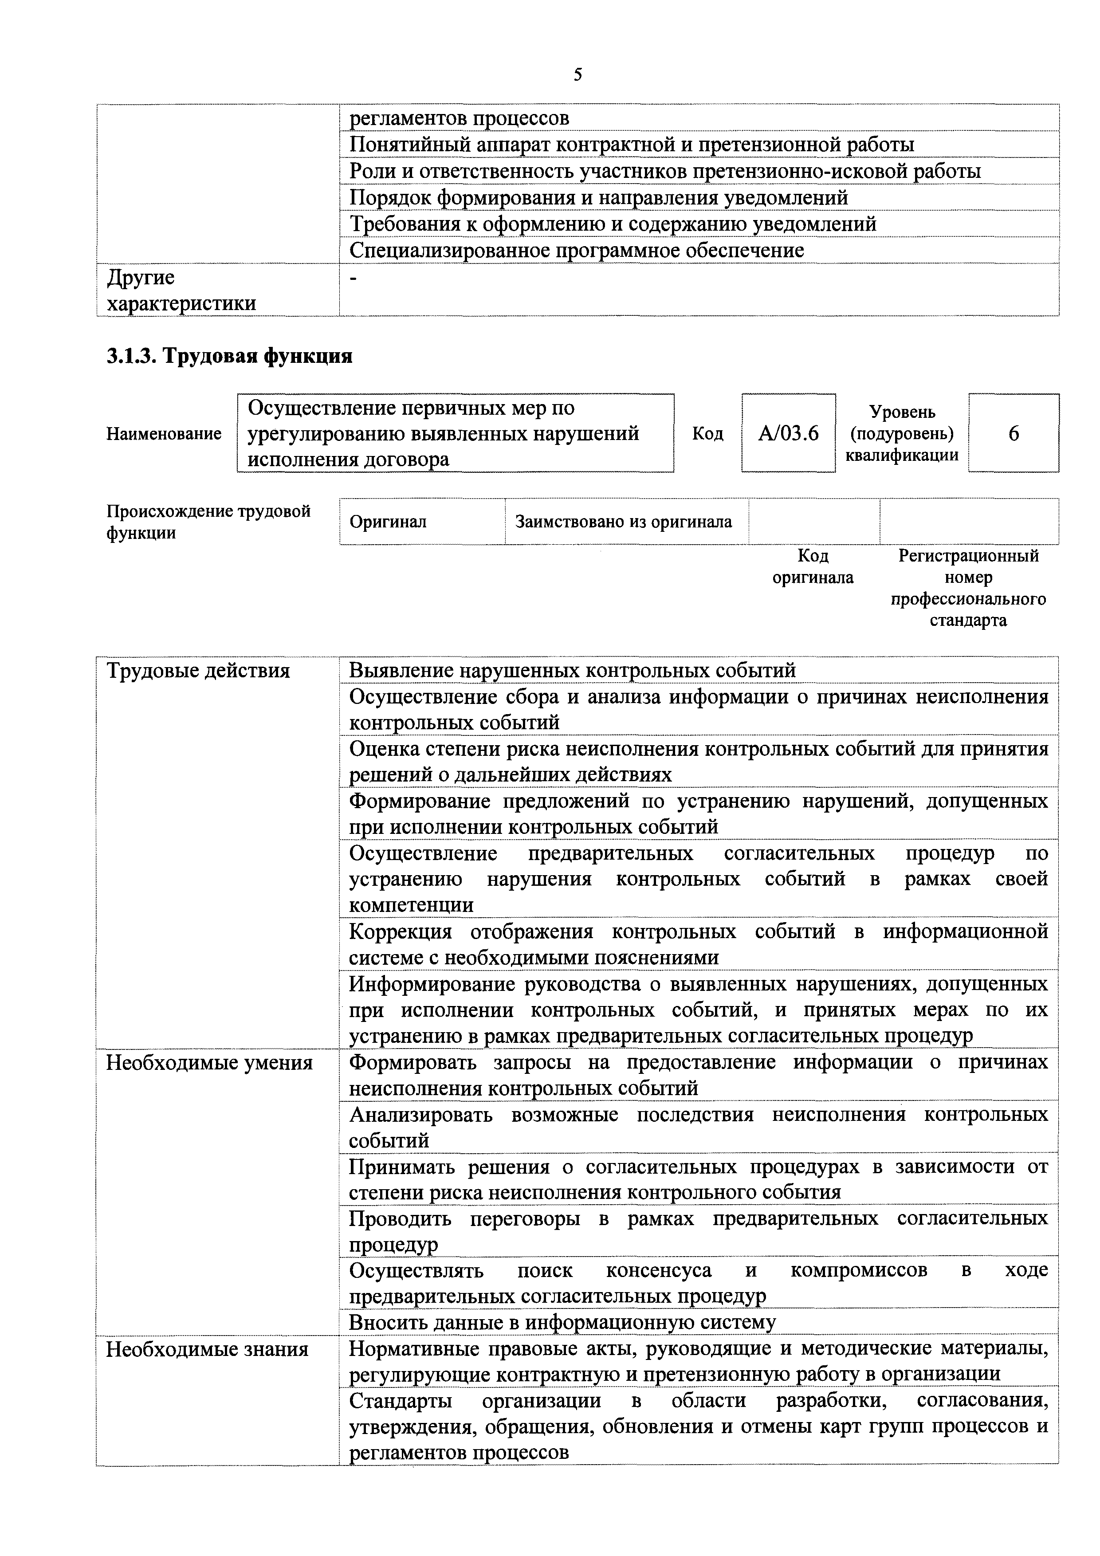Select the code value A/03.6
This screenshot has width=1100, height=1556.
click(x=788, y=433)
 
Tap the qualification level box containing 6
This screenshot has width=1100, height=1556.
click(x=1013, y=433)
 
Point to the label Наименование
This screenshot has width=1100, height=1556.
click(x=164, y=434)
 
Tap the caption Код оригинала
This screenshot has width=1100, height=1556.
click(x=813, y=566)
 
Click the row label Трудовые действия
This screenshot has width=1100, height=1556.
click(x=198, y=671)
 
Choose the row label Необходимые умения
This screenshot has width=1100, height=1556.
click(x=209, y=1063)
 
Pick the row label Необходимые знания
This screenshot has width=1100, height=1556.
click(x=207, y=1349)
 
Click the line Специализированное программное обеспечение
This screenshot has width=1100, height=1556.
click(x=576, y=251)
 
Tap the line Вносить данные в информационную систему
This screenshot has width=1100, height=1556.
click(x=562, y=1322)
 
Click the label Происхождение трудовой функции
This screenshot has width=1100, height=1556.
click(x=208, y=522)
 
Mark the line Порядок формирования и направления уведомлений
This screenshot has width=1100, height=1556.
click(x=598, y=198)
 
